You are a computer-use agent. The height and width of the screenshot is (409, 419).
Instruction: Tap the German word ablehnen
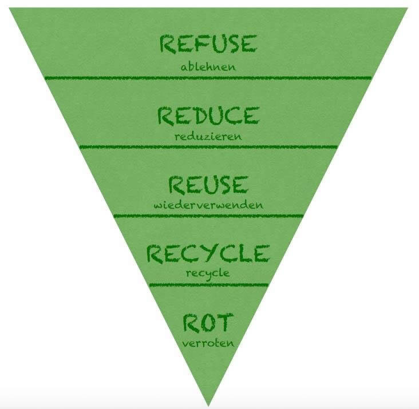(208, 67)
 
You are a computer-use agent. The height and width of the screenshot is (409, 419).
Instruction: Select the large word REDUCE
(208, 116)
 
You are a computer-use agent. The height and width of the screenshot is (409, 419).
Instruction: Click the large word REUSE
(208, 185)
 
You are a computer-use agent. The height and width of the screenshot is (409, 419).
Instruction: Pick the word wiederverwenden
(208, 205)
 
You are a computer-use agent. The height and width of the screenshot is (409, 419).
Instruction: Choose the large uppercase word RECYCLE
(208, 253)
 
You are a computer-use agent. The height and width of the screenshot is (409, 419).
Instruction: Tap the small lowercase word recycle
(208, 273)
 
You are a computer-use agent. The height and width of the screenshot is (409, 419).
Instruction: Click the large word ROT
(208, 323)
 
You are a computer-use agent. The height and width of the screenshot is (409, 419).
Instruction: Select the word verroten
(208, 343)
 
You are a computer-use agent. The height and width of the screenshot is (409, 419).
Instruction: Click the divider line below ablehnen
(208, 78)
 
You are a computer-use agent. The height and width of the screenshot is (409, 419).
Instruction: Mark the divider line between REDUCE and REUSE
(208, 147)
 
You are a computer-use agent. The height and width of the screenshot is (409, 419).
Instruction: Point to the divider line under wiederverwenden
(208, 216)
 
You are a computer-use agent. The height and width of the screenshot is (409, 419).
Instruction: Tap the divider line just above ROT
(208, 284)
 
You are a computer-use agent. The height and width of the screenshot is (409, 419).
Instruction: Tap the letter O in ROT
(208, 323)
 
